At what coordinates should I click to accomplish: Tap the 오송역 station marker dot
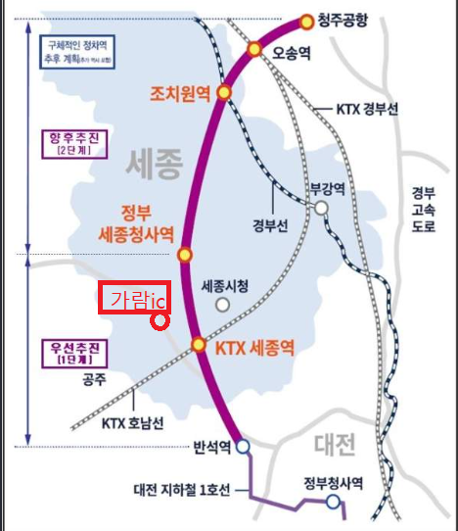click(254, 49)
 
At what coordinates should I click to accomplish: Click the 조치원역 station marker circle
click(224, 92)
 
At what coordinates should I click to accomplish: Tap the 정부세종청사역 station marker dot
click(183, 256)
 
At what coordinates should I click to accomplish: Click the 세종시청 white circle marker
click(223, 305)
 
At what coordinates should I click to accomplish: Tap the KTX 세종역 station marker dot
click(199, 345)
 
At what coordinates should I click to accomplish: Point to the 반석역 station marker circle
click(243, 447)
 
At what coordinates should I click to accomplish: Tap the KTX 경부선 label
click(367, 110)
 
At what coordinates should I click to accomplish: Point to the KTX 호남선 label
click(136, 423)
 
